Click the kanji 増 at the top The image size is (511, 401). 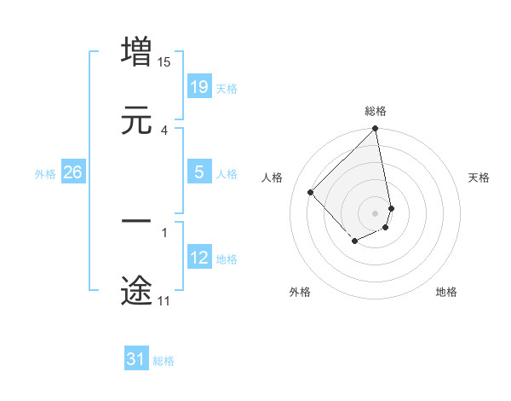[136, 51]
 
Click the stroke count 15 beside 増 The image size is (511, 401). [164, 61]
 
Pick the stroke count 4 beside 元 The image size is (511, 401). [164, 130]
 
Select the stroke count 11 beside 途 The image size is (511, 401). [164, 300]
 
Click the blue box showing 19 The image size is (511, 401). [199, 87]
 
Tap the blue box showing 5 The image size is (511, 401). [199, 172]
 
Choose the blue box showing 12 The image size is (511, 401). [199, 258]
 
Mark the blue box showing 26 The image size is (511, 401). [72, 172]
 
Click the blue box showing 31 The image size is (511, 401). [136, 359]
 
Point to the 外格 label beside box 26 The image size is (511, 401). [45, 174]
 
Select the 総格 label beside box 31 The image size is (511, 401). [164, 361]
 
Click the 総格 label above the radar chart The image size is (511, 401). [376, 111]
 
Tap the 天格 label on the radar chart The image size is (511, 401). [479, 177]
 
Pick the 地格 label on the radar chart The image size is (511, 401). [446, 292]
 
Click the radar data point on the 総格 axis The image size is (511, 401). [376, 130]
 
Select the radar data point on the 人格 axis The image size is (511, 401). [311, 192]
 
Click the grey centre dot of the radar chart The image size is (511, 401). [376, 212]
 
